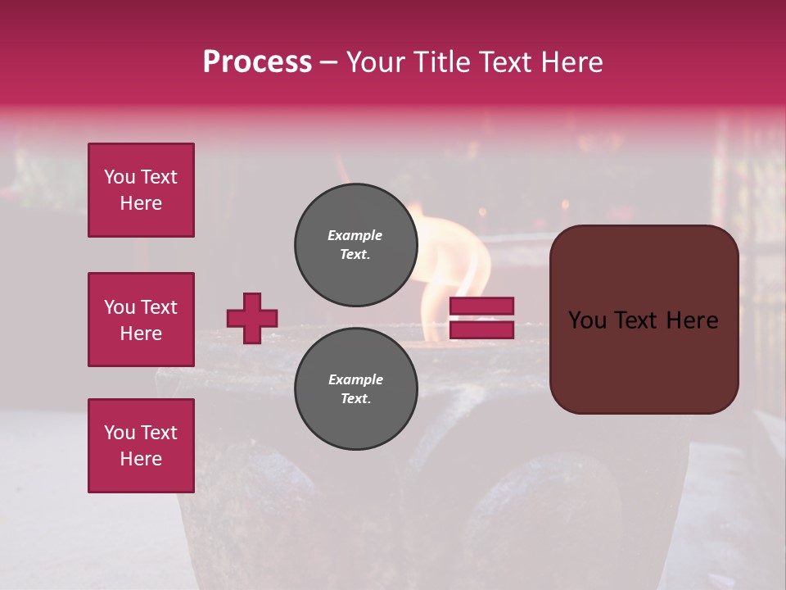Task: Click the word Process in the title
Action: tap(257, 62)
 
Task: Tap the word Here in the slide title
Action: tap(571, 62)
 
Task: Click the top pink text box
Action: tap(141, 190)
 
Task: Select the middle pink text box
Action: tap(141, 320)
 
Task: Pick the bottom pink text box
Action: tap(141, 446)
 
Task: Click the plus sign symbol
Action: tap(252, 318)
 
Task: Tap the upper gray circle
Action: tap(356, 245)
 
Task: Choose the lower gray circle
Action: tap(356, 389)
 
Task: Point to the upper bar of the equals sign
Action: tap(481, 306)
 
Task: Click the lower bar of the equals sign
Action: tap(481, 329)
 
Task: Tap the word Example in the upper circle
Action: tap(355, 235)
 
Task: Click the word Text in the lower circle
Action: tap(355, 399)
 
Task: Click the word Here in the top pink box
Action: tap(141, 203)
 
